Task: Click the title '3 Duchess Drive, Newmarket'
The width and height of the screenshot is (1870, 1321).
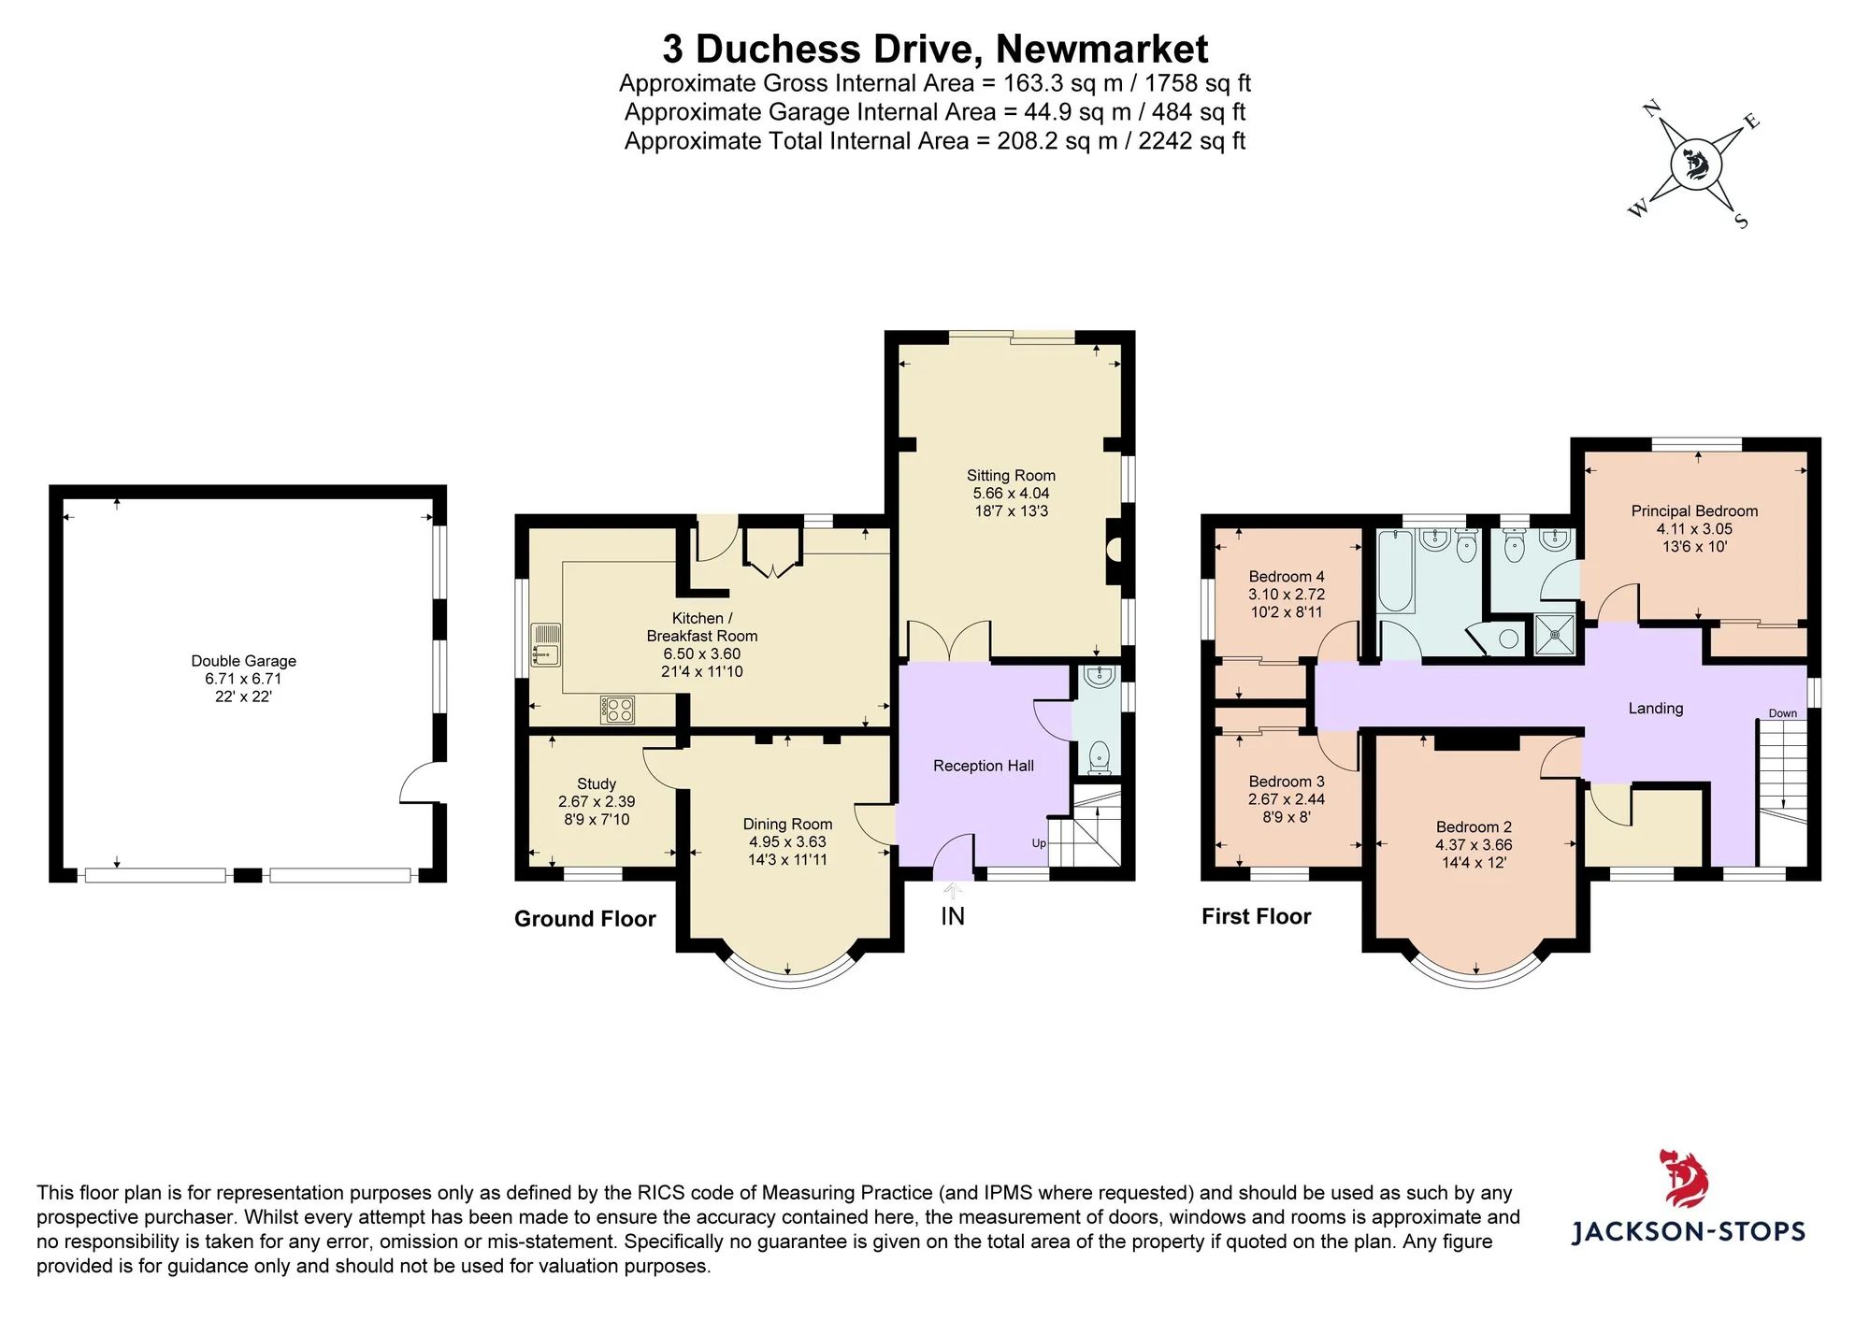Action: [935, 49]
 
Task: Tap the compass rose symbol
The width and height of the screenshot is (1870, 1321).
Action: [1695, 165]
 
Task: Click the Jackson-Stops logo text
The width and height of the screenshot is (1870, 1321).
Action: [1688, 1231]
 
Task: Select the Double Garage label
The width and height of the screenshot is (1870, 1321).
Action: [244, 661]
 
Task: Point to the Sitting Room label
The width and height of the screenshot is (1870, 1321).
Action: [1011, 475]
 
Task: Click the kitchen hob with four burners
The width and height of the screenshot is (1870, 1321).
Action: [618, 710]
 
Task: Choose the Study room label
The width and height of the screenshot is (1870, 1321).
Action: [597, 783]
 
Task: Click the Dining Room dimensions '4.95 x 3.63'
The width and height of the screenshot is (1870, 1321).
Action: [787, 841]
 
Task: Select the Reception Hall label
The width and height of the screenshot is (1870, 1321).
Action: [984, 766]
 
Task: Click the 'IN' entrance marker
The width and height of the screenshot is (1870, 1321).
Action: [953, 916]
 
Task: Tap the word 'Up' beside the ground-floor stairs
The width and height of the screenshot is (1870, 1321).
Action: [1039, 843]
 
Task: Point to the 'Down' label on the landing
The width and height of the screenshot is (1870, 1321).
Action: [1782, 713]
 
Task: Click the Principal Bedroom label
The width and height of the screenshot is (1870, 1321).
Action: [1694, 510]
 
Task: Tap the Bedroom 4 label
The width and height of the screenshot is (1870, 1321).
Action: [1287, 576]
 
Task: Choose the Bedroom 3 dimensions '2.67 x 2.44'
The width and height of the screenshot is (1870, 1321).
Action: [1287, 799]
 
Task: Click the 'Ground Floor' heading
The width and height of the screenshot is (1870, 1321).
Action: [585, 919]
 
